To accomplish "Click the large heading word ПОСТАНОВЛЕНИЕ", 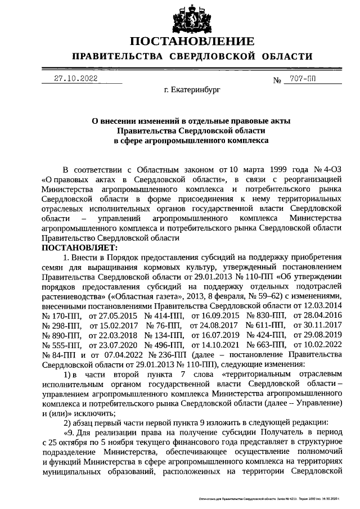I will (x=192, y=42).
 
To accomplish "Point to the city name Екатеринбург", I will (x=192, y=89).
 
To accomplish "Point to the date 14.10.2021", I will (x=214, y=345).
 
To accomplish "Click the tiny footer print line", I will (x=270, y=499).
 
